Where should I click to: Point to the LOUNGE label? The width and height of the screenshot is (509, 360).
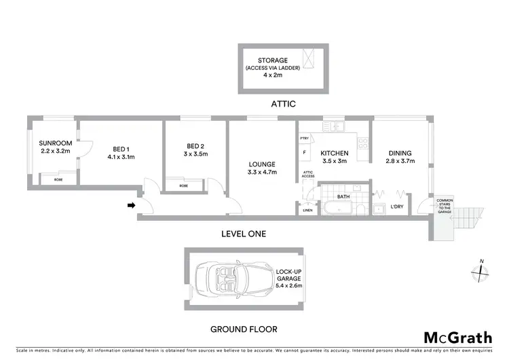click(x=261, y=164)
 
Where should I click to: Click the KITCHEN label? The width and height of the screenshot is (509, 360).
click(x=334, y=154)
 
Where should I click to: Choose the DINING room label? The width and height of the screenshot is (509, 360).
click(x=400, y=153)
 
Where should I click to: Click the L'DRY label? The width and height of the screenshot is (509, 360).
click(x=398, y=206)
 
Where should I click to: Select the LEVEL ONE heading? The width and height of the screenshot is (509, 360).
click(x=244, y=234)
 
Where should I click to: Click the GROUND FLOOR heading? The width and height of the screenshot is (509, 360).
click(x=244, y=329)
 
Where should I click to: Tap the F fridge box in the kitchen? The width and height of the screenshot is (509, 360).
click(x=304, y=152)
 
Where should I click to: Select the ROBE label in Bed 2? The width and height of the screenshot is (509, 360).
click(x=184, y=185)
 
